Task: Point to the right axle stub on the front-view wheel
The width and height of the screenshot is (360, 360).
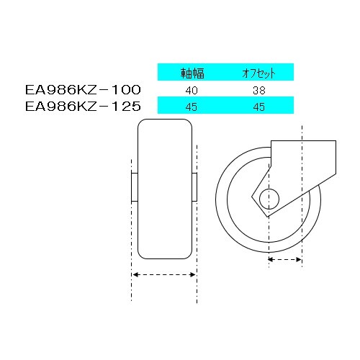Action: (x=195, y=186)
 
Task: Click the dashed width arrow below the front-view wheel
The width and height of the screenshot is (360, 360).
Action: (x=164, y=274)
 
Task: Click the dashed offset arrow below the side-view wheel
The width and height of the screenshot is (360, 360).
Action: (x=284, y=257)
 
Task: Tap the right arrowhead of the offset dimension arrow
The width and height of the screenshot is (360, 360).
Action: (x=298, y=257)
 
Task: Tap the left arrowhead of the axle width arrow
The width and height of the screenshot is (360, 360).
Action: (x=134, y=274)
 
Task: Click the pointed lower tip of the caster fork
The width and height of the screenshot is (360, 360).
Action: (x=265, y=217)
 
